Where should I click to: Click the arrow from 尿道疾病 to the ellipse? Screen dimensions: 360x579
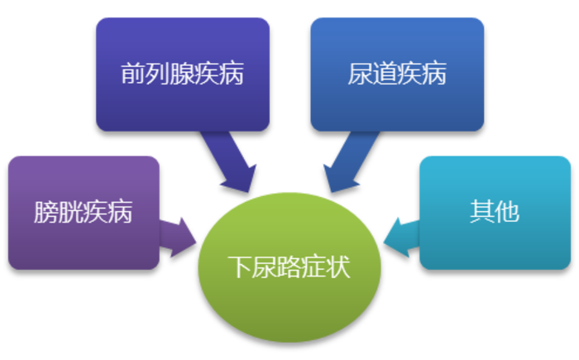348,161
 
